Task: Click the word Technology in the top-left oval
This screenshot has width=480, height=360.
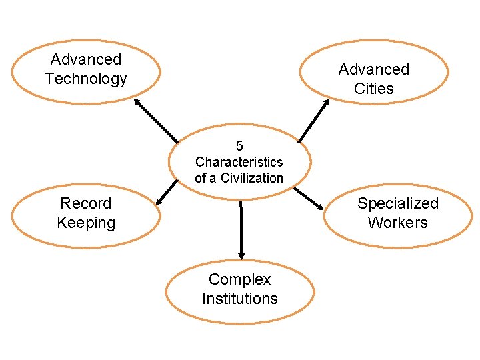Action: [x=85, y=79]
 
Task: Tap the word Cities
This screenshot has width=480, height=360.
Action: [x=374, y=89]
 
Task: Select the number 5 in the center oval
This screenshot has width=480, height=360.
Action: [x=239, y=145]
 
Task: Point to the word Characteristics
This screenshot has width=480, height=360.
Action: [x=239, y=162]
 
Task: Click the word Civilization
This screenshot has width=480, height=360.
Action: [x=252, y=178]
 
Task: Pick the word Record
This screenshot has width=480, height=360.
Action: [x=85, y=203]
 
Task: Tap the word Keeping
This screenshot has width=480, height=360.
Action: [x=85, y=223]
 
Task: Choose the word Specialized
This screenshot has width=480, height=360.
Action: [x=398, y=203]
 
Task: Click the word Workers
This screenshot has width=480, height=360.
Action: [x=398, y=223]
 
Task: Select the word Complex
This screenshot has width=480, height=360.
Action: [x=239, y=279]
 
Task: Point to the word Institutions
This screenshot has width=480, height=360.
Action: [x=239, y=299]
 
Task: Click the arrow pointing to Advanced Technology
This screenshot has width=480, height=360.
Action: [x=156, y=121]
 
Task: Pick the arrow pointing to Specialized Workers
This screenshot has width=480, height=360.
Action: [x=308, y=198]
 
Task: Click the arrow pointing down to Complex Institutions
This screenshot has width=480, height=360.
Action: [x=241, y=230]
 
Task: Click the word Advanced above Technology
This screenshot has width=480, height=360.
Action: [x=85, y=59]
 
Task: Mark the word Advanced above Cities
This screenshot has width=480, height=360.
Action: [x=374, y=69]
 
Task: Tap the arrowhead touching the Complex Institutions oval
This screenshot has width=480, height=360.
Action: [x=241, y=255]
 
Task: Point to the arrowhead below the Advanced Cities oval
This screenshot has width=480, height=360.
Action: [x=326, y=103]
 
